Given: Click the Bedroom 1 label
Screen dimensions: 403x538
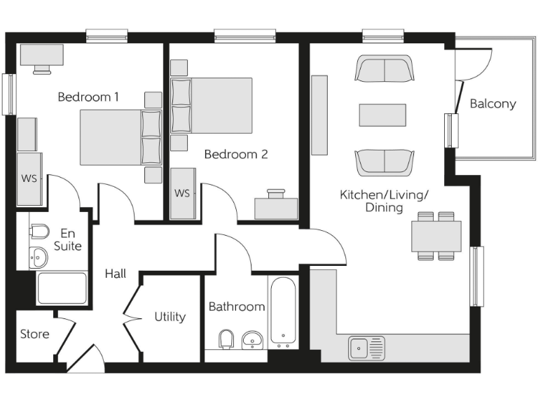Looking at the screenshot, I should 88,97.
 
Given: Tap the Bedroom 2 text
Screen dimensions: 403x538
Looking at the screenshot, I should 236,154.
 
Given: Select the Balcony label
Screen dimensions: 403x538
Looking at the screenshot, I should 492,104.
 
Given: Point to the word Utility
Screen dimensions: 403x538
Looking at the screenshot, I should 170,317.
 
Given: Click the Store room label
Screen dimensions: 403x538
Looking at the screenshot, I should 34,334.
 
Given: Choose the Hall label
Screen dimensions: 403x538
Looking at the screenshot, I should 116,274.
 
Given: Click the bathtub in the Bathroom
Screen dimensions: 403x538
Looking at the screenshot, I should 283,312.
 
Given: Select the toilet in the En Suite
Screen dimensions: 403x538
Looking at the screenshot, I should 39,232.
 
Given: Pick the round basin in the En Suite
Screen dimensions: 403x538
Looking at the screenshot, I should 39,257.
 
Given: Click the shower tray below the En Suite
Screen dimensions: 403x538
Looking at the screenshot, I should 62,288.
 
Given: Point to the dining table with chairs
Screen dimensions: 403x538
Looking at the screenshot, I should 436,236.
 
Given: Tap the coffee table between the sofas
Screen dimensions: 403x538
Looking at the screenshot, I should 382,115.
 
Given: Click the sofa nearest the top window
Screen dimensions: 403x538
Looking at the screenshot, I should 384,69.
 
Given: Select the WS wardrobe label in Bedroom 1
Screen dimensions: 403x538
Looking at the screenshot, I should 29,178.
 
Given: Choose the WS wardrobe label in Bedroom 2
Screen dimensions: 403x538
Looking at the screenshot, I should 182,193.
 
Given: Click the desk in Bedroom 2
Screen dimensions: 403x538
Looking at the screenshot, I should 276,208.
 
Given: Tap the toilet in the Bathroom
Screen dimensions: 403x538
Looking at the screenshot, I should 226,341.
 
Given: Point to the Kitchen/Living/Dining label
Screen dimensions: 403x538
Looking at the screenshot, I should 383,201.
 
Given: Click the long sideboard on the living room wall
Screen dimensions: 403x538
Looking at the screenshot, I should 319,115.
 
